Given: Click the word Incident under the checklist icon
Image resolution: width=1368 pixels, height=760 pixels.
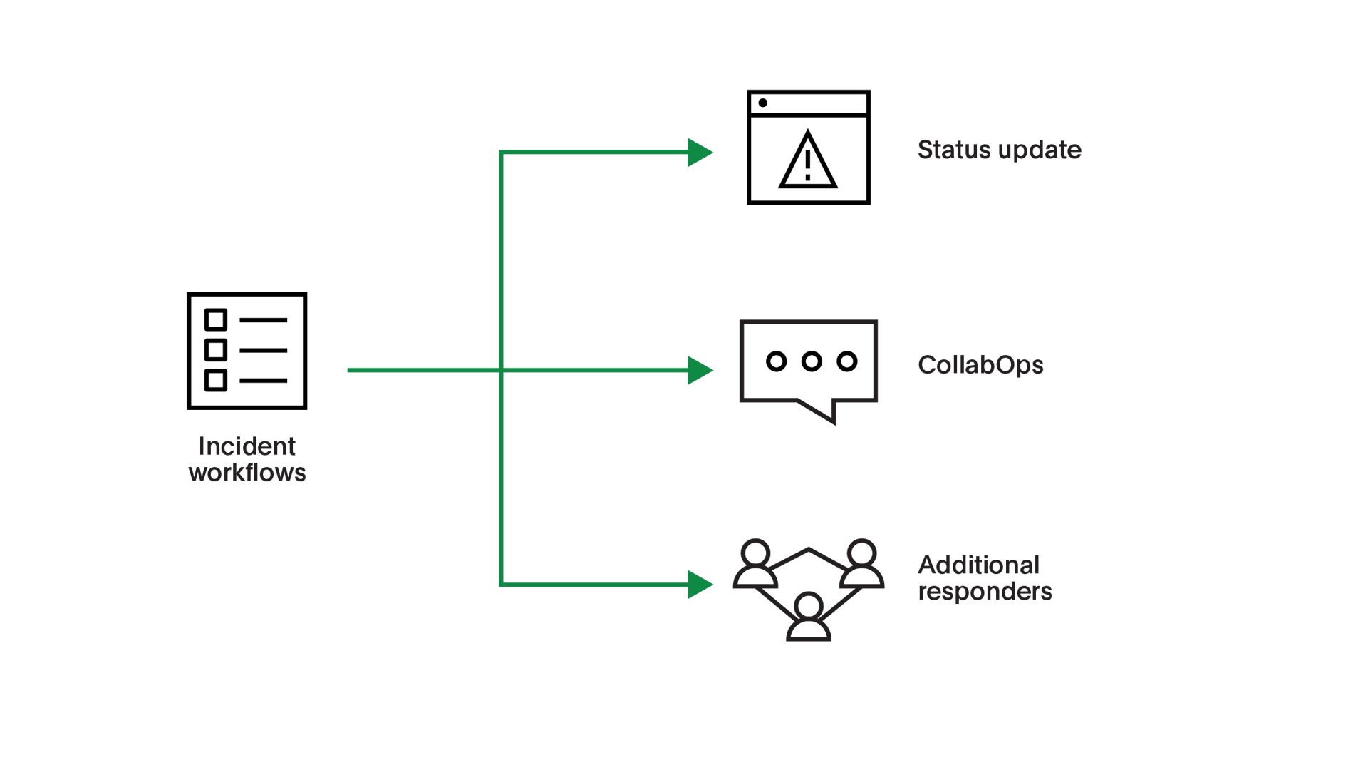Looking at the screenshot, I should click(247, 446).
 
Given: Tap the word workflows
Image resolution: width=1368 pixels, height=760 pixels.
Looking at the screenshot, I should click(247, 473).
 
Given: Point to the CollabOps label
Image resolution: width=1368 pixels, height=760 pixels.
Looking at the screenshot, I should click(980, 365).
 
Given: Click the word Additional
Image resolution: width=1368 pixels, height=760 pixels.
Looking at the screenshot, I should click(978, 565).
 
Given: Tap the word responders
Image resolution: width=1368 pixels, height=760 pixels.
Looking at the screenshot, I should click(985, 591).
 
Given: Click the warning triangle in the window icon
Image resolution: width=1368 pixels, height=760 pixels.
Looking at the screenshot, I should click(807, 162).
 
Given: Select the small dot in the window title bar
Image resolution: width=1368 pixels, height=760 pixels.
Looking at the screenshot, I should click(762, 103).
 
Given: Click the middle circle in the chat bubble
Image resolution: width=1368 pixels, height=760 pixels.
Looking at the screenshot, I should click(812, 361).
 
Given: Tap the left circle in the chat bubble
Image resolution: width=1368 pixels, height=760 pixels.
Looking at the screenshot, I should click(777, 361).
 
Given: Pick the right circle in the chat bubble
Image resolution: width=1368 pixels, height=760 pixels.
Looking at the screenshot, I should click(846, 361).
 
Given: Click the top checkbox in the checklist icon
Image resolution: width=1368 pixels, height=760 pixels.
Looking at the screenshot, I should click(216, 319).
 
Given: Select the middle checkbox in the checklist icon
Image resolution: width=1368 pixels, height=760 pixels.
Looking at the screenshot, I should click(216, 350).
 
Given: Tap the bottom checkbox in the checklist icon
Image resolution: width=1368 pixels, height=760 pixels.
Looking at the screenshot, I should click(216, 380).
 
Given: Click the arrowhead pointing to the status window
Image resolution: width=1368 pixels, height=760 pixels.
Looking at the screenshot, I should click(700, 153).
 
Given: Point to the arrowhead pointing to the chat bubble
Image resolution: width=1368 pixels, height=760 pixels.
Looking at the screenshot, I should click(700, 370).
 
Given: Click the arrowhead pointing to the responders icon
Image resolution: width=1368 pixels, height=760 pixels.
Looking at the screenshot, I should click(700, 585).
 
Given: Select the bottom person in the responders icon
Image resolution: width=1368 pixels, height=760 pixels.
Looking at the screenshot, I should click(808, 617).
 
